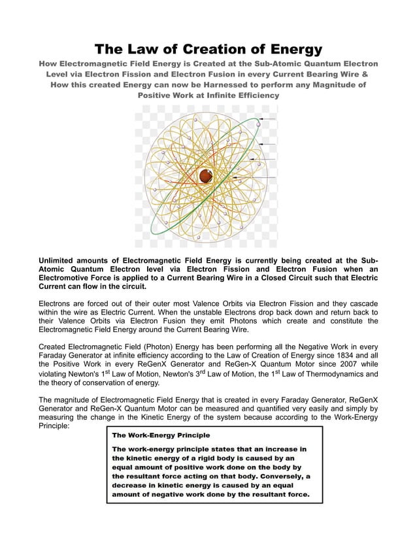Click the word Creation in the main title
pyautogui.click(x=208, y=49)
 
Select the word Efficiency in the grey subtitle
pyautogui.click(x=253, y=95)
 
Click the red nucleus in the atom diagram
pyautogui.click(x=205, y=175)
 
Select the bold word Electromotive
pyautogui.click(x=71, y=278)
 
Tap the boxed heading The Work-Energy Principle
pyautogui.click(x=161, y=434)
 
